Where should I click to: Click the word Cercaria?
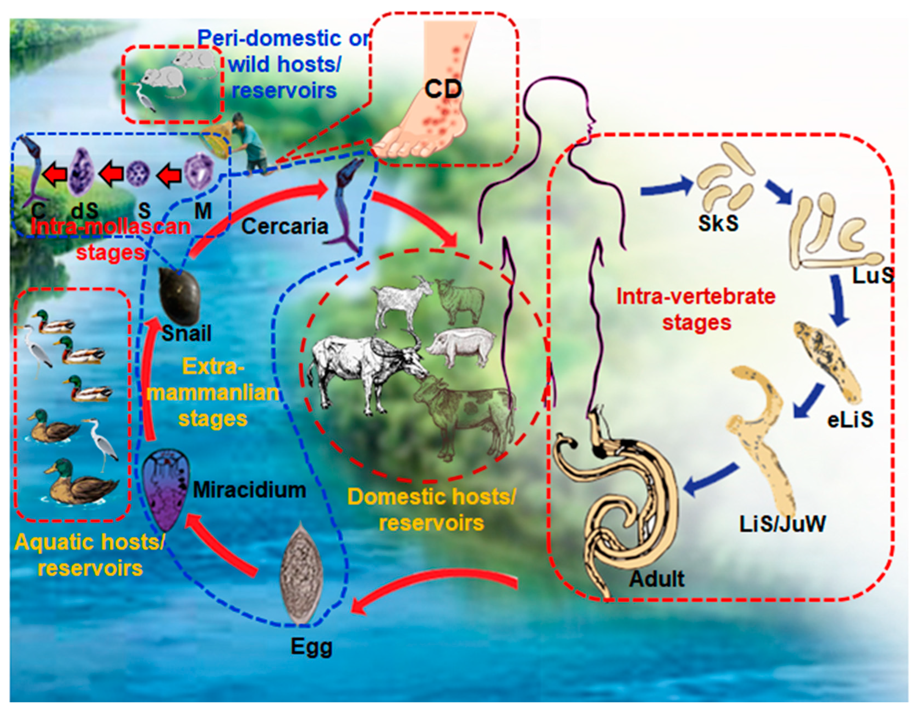(x=285, y=226)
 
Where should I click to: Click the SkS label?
(x=718, y=223)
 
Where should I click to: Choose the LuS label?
(x=872, y=275)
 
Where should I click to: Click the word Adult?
(x=656, y=579)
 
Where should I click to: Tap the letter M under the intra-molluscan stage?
(x=203, y=211)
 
